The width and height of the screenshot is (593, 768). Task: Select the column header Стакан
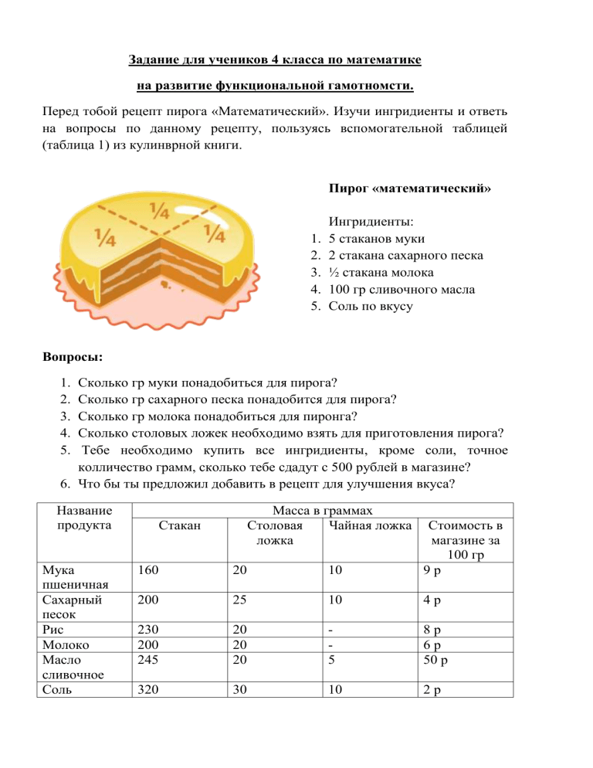point(180,526)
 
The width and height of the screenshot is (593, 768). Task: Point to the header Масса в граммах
point(317,511)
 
